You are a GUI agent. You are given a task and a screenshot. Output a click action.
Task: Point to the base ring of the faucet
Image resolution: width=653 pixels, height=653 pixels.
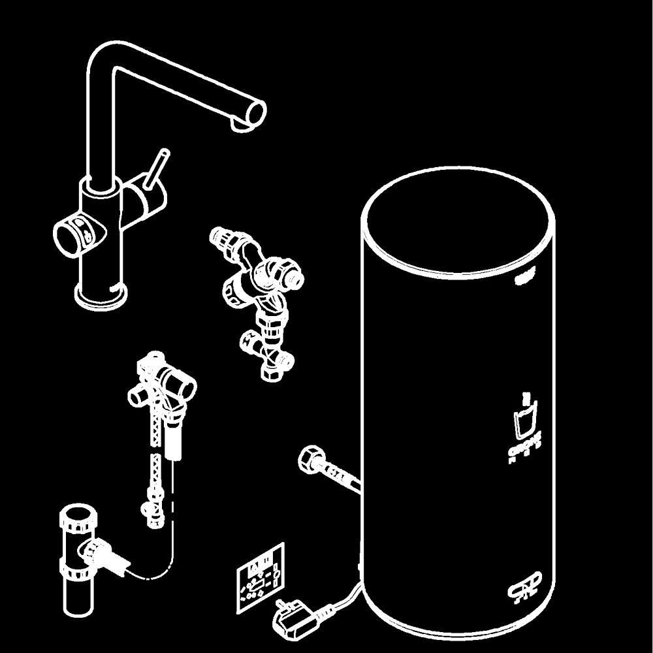101,297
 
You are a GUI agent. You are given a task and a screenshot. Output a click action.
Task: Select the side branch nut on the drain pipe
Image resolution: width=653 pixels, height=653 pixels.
98,552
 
